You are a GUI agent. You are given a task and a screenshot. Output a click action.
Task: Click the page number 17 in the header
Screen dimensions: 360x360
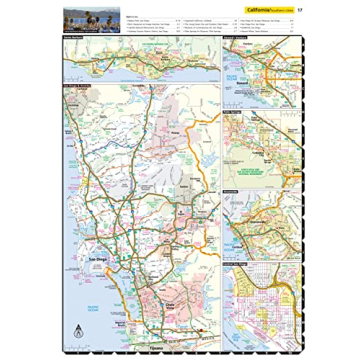[x=299, y=9]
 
